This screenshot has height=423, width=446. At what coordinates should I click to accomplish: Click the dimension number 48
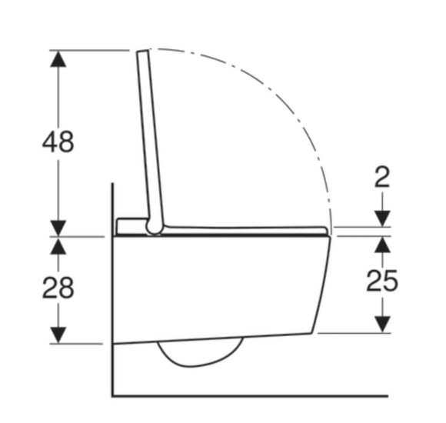click(58, 142)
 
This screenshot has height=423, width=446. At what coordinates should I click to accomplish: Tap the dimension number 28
click(58, 288)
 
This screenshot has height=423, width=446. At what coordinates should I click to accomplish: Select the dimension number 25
click(382, 281)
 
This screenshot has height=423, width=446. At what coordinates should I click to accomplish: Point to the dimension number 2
click(382, 177)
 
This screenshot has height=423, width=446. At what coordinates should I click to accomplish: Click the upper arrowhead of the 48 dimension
click(58, 59)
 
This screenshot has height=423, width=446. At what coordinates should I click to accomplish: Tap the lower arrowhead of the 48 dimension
click(58, 228)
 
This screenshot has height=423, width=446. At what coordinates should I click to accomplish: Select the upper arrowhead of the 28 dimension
click(58, 246)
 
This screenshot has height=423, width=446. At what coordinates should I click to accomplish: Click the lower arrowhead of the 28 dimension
click(58, 335)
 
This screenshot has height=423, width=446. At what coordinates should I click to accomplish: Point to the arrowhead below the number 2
click(382, 218)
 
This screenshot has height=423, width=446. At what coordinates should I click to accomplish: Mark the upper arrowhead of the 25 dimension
click(382, 245)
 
